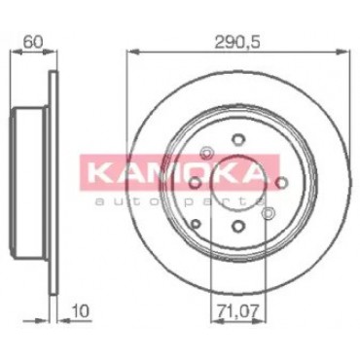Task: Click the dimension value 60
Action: tap(33, 42)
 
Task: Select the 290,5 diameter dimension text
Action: tap(238, 42)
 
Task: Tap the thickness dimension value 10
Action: tap(81, 311)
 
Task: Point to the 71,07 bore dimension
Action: tap(238, 311)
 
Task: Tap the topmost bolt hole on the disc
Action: tap(237, 139)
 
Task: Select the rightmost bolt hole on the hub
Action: tap(281, 183)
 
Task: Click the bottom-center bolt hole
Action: tap(238, 225)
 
